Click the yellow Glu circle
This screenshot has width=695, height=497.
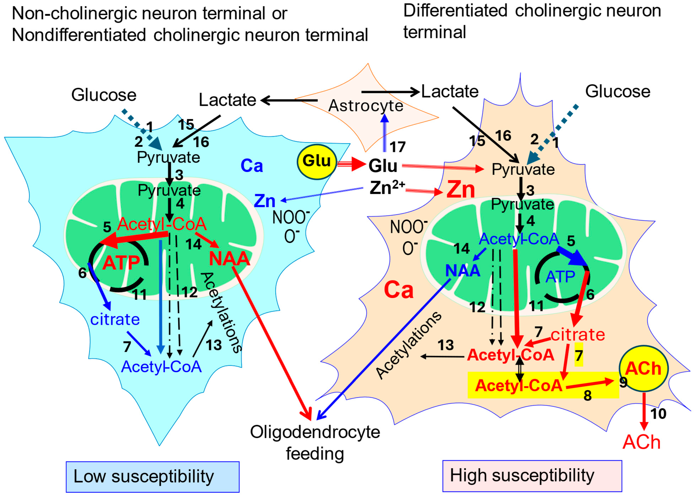point(317,161)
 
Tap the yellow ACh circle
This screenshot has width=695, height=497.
point(643,368)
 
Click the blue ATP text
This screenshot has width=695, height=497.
point(560,277)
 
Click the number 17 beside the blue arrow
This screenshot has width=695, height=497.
point(397,147)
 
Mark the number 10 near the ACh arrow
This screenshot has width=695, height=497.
point(658,414)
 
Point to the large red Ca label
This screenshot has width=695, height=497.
point(398,290)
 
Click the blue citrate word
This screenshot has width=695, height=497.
point(115,319)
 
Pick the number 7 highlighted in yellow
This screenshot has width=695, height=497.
point(578,356)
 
